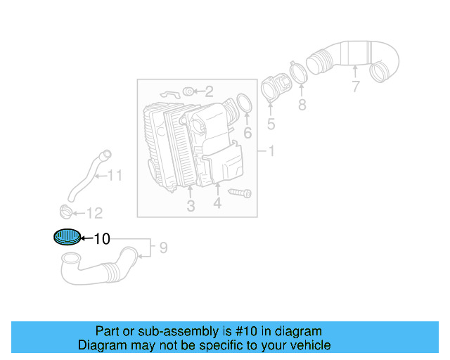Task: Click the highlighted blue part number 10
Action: pos(67,238)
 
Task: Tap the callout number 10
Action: pos(102,239)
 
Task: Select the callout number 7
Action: pos(356,87)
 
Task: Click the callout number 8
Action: pos(302,105)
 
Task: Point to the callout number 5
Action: pos(271,126)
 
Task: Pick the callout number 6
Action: pos(247,133)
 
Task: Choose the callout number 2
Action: pos(209,91)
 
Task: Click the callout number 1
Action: pos(271,151)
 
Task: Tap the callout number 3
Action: pos(191,206)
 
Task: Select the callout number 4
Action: pos(217,203)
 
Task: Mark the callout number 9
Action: pos(163,247)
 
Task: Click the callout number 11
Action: pos(115,175)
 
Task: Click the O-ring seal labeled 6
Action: pos(243,105)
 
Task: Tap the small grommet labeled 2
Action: pos(188,91)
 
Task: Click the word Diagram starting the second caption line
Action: pos(99,345)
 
